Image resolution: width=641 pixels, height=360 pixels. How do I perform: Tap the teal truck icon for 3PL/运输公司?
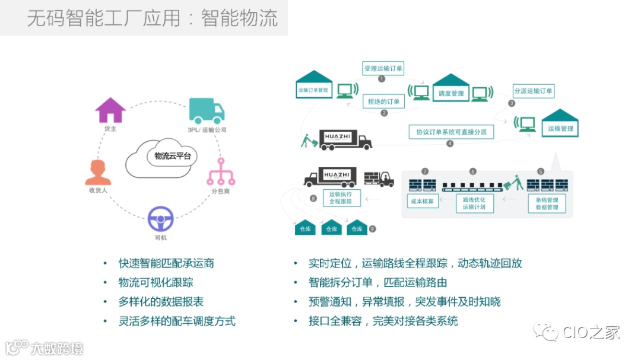coord(207,111)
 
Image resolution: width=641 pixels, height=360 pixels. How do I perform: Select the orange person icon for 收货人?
coord(98,172)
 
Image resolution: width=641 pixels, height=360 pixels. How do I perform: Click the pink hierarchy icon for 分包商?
coord(221,172)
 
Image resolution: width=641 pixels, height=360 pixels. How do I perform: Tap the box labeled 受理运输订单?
coord(383,69)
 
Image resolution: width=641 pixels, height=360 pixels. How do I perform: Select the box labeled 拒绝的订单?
coord(383,101)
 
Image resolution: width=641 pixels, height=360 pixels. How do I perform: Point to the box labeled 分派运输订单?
coord(533,91)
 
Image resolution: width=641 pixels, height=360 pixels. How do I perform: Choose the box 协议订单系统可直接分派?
coord(450,132)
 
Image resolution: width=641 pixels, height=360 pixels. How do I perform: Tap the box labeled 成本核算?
coord(422,201)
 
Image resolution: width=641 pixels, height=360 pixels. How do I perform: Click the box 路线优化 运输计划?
coord(474,203)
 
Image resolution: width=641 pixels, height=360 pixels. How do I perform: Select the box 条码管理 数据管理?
coord(547,203)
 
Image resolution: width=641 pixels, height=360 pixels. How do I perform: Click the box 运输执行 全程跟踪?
coord(341,197)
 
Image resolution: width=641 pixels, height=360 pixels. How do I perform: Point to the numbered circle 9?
coord(372,228)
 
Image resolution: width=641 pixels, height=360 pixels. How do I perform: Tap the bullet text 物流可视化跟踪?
coord(156,282)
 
